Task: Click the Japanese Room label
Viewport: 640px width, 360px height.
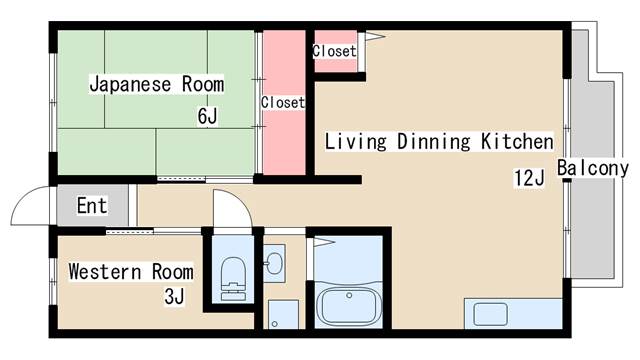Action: click(157, 84)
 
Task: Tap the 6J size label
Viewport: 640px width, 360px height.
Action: click(207, 116)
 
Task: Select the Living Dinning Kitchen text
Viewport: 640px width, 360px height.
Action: click(439, 142)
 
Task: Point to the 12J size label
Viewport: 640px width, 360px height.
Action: click(529, 178)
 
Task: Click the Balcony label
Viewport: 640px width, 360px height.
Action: click(593, 168)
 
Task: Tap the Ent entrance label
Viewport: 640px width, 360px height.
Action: click(92, 205)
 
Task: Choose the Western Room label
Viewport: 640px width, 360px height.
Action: click(131, 271)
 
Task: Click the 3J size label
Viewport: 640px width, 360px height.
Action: click(174, 296)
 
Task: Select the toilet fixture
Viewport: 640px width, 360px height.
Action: click(233, 279)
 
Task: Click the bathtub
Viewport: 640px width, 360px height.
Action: click(349, 306)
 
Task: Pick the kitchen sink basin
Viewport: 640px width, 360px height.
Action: click(490, 314)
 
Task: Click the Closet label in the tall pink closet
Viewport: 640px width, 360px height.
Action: click(283, 102)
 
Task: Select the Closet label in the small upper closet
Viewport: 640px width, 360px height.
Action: click(334, 51)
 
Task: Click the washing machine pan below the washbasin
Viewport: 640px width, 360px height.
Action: click(283, 315)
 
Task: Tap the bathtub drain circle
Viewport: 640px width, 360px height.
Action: click(349, 295)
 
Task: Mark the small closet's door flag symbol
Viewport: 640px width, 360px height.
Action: click(374, 36)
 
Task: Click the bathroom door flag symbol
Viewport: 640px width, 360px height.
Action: click(324, 242)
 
